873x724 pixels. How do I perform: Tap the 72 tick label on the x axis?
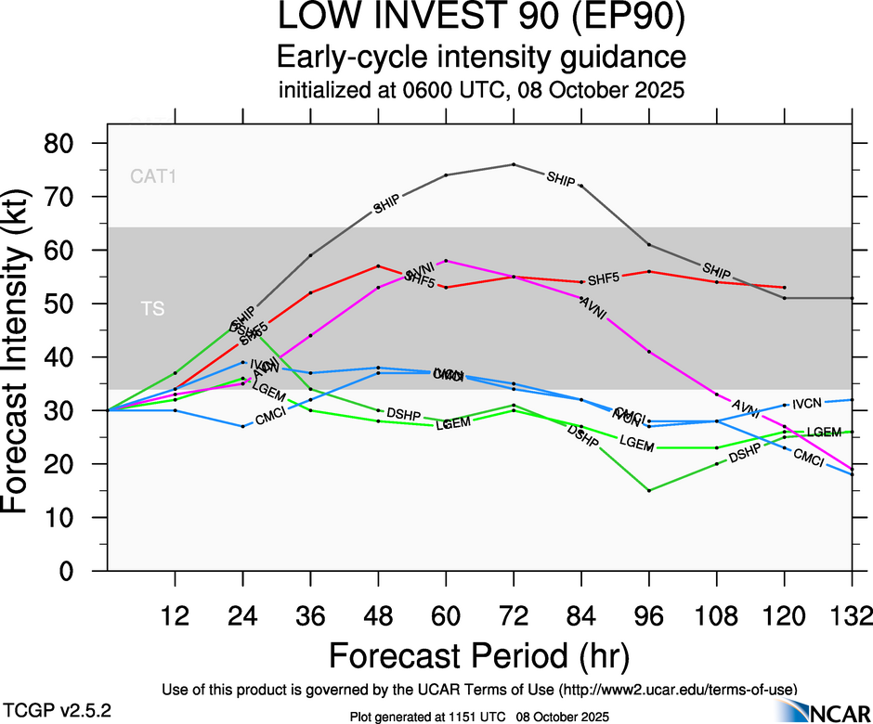pos(514,614)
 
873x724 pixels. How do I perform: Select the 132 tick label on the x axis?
pos(851,614)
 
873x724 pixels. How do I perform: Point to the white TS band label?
pos(152,308)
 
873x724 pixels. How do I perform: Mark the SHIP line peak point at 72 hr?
pos(514,164)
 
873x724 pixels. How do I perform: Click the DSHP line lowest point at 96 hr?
pos(649,490)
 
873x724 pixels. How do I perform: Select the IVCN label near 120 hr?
pos(808,404)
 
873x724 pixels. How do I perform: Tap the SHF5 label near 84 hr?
pos(604,278)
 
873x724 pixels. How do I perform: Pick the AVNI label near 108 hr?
pos(746,406)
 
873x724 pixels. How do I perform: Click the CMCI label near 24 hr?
pos(270,420)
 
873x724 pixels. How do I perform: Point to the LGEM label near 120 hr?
pos(823,432)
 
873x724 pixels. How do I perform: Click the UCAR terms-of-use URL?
pos(678,690)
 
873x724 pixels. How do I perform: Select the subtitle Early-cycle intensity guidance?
pos(481,58)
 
